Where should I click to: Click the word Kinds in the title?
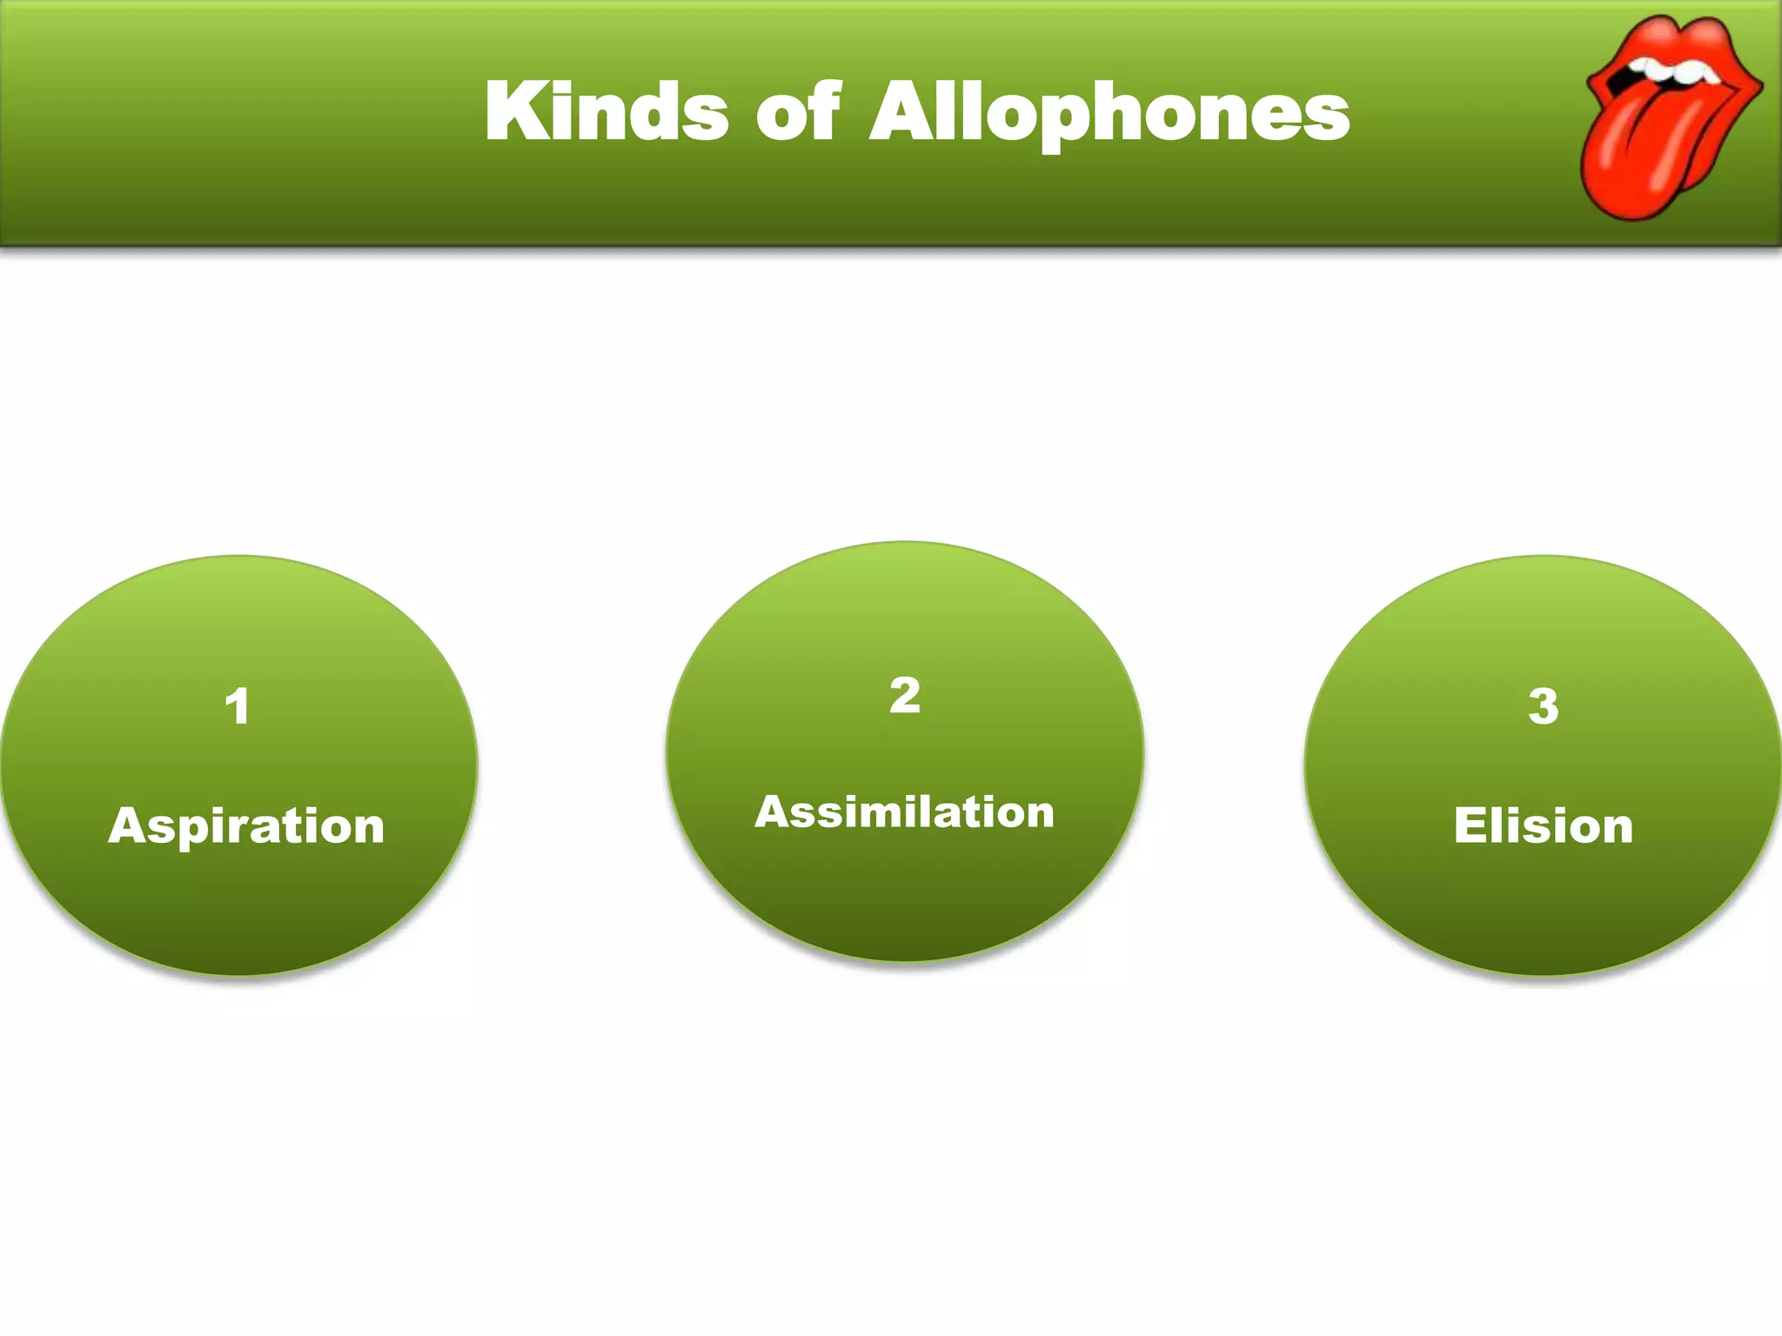pyautogui.click(x=606, y=111)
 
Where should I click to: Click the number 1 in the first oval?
pyautogui.click(x=238, y=705)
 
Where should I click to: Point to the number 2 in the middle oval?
pyautogui.click(x=905, y=695)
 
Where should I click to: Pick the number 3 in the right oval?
pyautogui.click(x=1544, y=705)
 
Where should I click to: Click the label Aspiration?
pyautogui.click(x=246, y=826)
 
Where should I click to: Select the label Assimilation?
pyautogui.click(x=905, y=812)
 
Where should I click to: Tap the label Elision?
pyautogui.click(x=1544, y=825)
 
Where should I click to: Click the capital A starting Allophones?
pyautogui.click(x=902, y=111)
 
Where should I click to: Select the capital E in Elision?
pyautogui.click(x=1470, y=825)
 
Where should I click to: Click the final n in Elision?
pyautogui.click(x=1615, y=827)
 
